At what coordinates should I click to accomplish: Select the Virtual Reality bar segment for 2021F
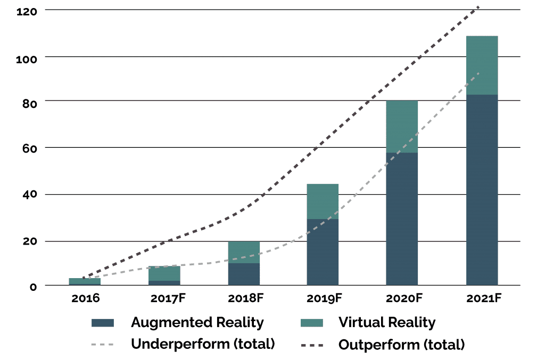tap(482, 65)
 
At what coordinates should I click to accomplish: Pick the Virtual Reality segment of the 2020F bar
tap(402, 127)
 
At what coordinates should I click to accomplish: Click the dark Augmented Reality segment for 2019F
tap(323, 252)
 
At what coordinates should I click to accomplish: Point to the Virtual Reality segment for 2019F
tap(323, 202)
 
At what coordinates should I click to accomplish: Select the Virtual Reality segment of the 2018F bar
tap(244, 252)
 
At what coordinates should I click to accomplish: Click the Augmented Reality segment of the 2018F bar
tap(244, 274)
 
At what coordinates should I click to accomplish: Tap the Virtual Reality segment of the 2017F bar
tap(164, 273)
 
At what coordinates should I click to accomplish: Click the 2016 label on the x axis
tap(85, 298)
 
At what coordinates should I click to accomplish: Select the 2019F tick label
tap(324, 298)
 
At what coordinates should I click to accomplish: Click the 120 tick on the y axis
tap(26, 10)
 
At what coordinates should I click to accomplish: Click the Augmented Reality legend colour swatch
tap(103, 322)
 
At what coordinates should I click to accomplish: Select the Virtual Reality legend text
tap(387, 322)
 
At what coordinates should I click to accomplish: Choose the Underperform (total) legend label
tap(203, 344)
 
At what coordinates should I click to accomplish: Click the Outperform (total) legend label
tap(402, 344)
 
